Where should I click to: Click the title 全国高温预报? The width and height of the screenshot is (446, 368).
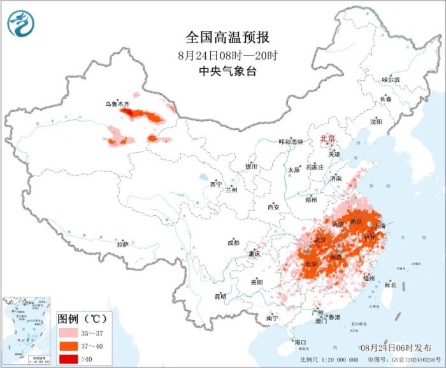224,37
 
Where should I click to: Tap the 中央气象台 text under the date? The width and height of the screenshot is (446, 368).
224,71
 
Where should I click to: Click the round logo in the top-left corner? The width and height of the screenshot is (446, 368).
20,24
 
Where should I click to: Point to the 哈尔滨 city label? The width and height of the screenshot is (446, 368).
390,80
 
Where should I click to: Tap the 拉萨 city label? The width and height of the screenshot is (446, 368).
122,244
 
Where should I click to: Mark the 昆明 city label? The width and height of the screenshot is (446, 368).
220,296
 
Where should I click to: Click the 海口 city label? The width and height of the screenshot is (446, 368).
300,343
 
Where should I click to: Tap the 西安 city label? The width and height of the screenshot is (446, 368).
273,207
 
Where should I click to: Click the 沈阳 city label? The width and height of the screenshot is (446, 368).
376,121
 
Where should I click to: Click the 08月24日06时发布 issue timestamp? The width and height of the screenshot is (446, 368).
394,347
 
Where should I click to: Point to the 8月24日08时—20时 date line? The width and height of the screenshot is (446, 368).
224,55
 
